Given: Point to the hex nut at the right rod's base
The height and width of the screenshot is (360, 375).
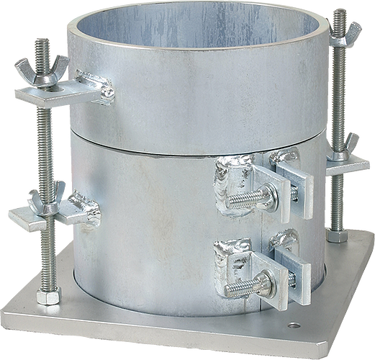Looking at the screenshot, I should coord(335,235).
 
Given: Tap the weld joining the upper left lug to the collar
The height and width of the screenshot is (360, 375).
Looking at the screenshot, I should coord(94,85).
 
